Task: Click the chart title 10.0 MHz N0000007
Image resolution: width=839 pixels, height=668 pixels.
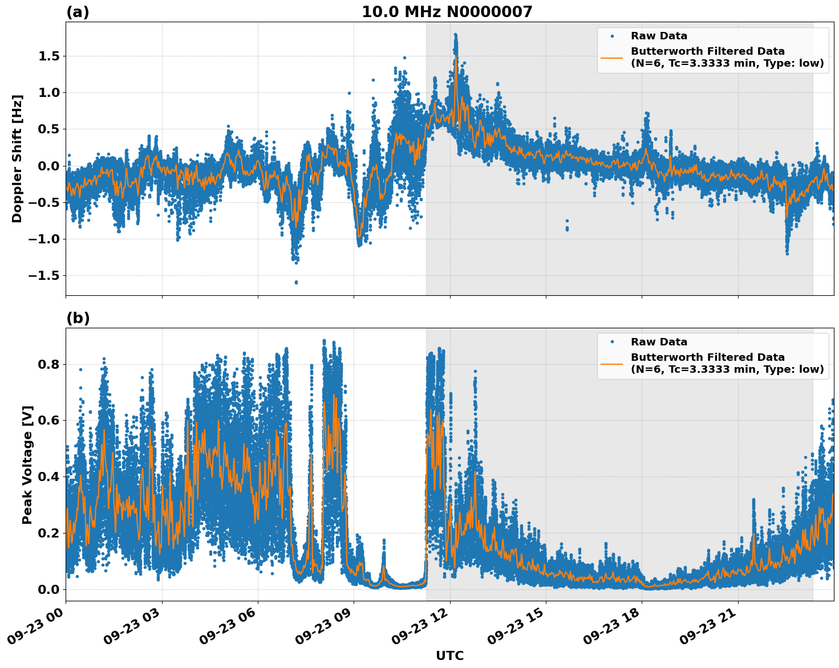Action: tap(447, 12)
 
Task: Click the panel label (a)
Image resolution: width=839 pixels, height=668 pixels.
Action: tap(78, 12)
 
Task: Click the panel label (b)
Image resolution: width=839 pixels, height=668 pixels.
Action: tap(78, 318)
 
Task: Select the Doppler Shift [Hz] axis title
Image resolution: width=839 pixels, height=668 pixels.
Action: tap(17, 158)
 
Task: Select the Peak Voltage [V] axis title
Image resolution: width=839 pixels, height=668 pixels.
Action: tap(27, 465)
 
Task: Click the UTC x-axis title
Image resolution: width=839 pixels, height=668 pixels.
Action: tap(449, 655)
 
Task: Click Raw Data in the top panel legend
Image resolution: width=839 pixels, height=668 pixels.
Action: tap(659, 36)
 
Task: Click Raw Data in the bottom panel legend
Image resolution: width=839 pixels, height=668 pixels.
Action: tap(659, 342)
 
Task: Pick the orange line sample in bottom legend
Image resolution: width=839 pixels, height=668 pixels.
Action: tap(612, 363)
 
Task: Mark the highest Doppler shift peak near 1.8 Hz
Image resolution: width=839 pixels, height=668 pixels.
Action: tap(455, 35)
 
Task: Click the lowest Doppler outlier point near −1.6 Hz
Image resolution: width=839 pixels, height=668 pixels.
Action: tap(295, 282)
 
